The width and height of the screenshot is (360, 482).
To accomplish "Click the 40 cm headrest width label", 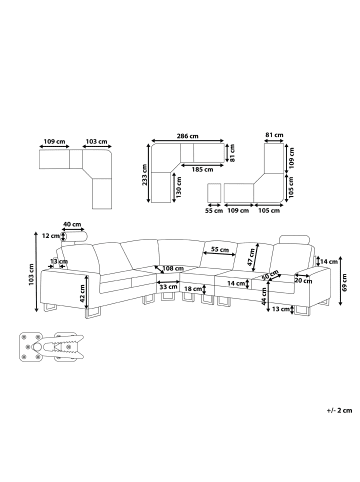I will point(72,224).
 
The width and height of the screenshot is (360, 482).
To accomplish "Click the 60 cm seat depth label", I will point(270,274).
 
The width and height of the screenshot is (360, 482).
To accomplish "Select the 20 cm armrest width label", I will point(303,281).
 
